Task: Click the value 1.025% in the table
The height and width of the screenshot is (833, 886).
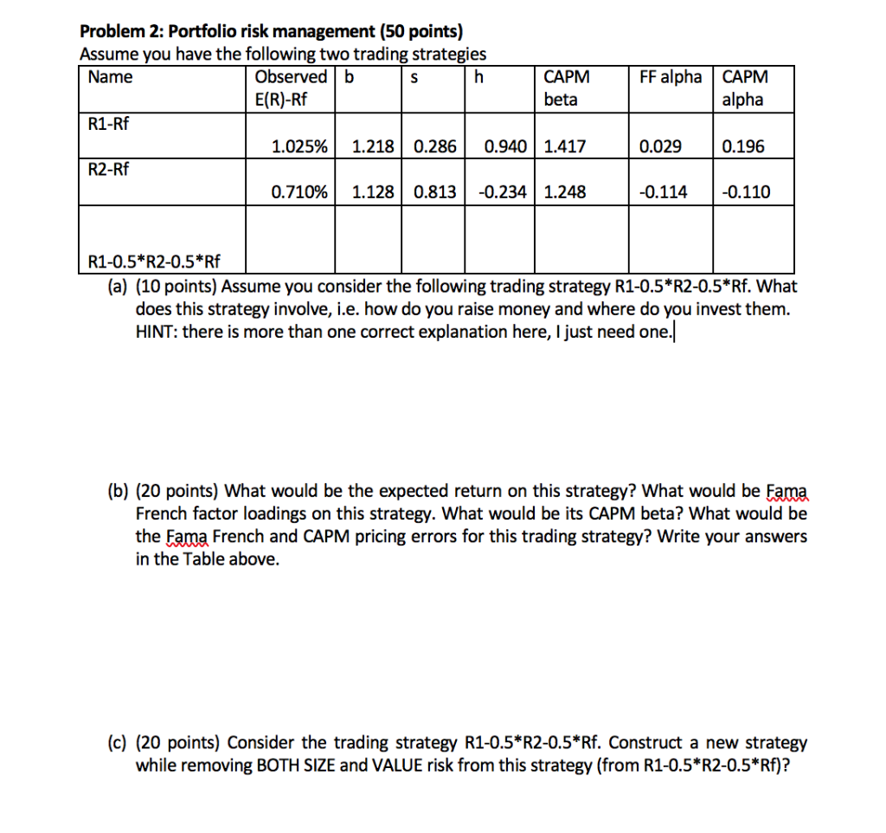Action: click(299, 146)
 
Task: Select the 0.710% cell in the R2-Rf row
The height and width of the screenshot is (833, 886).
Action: click(299, 191)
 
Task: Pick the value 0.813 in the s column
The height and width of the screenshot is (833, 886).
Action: click(435, 191)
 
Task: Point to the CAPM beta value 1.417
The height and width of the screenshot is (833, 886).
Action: click(564, 146)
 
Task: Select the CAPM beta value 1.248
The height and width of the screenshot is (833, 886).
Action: click(564, 191)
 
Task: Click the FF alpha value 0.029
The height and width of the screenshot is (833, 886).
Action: click(660, 146)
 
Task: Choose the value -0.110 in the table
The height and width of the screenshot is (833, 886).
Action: click(746, 191)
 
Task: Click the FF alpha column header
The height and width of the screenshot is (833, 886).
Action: click(671, 77)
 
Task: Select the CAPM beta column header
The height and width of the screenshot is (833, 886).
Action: click(566, 87)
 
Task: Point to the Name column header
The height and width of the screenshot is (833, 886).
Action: click(111, 77)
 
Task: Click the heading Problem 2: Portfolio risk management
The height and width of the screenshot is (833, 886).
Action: click(271, 32)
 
